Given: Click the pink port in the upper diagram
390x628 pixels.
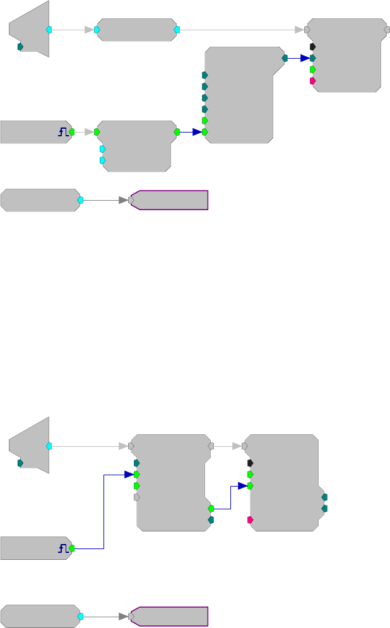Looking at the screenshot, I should [312, 81].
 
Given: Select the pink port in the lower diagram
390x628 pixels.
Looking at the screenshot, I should [250, 520].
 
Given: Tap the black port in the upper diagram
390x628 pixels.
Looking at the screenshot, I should [312, 47].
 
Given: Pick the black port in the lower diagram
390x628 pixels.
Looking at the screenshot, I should [250, 463].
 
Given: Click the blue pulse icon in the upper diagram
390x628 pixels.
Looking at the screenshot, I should [63, 132].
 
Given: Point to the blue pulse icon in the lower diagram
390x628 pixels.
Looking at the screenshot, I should [63, 548].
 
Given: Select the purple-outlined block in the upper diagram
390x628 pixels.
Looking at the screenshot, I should [169, 200].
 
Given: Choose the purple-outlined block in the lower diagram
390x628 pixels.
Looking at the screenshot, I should [169, 617].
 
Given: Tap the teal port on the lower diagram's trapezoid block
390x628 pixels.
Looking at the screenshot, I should [20, 463].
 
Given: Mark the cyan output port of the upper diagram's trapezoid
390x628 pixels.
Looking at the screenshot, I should [49, 29].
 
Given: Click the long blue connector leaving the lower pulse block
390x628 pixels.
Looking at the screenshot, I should [103, 511].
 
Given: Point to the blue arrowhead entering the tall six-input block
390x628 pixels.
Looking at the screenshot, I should [197, 132].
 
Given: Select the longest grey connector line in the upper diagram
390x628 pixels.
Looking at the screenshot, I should [240, 29].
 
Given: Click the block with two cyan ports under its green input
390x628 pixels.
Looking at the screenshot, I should [136, 145].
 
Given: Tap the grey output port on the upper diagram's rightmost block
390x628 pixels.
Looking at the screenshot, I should [387, 29].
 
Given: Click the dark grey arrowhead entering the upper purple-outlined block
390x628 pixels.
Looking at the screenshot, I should [123, 200].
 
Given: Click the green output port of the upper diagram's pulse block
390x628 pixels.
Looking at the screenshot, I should [72, 132].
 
